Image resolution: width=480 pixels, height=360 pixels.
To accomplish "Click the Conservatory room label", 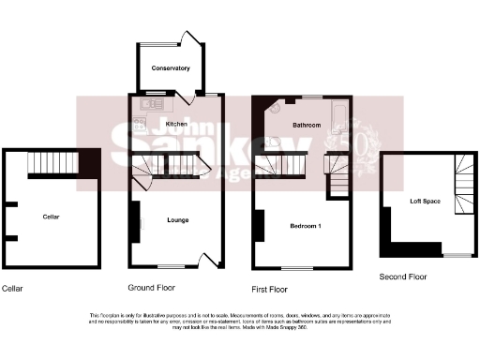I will (x=171, y=68).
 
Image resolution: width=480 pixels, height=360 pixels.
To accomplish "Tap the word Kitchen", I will (x=176, y=125).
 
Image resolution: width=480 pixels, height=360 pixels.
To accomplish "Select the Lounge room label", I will (x=178, y=220).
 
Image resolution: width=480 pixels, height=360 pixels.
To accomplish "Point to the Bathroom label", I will (x=307, y=125).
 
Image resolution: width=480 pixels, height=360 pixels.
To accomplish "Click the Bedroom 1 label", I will (x=306, y=227).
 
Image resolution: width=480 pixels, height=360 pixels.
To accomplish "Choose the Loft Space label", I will (x=425, y=202).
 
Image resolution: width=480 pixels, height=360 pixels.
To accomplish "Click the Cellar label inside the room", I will (x=52, y=217).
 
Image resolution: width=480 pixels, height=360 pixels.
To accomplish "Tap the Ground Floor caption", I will (x=152, y=287).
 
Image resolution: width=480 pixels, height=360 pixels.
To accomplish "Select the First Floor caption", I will (x=270, y=290).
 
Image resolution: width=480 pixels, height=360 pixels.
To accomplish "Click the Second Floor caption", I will (x=403, y=277).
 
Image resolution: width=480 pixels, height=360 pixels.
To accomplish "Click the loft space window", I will (x=457, y=255).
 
